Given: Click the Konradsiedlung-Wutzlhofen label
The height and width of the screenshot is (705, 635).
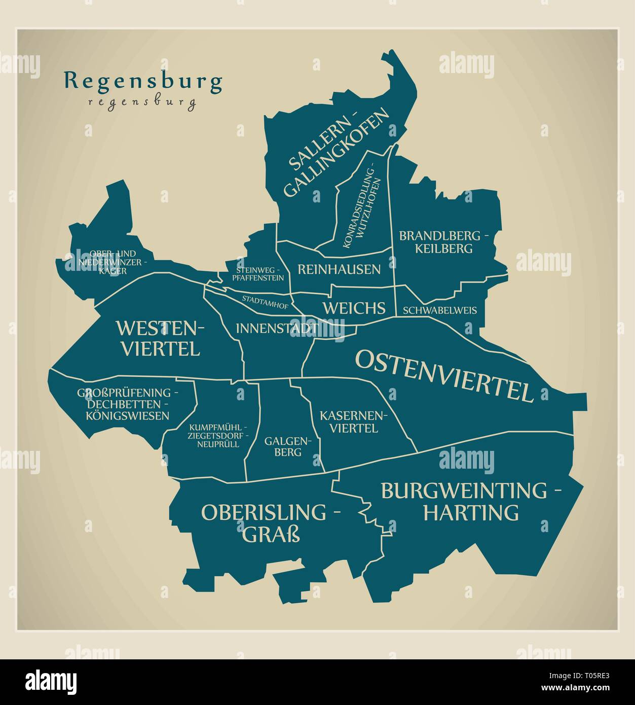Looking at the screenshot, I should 361,205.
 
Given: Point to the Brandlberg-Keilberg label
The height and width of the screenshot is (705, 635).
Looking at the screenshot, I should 443,242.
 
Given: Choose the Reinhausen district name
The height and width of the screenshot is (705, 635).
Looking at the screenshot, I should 339,269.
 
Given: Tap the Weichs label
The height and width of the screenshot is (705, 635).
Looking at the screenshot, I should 354,308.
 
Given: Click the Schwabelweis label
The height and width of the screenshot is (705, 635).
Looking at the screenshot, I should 440,310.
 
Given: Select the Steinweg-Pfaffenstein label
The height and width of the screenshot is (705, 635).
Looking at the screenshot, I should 257,274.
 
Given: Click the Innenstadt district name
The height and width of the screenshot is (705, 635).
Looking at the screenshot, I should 276,328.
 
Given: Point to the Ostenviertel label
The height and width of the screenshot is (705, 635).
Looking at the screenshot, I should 444,375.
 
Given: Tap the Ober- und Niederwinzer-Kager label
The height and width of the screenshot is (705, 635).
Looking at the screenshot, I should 113,262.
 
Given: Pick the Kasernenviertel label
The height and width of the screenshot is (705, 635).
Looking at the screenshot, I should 353,422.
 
